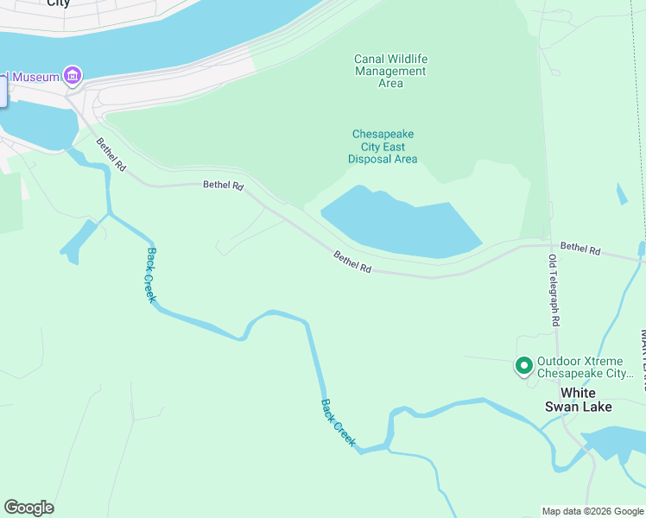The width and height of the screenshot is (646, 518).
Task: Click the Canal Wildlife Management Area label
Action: tap(390, 71)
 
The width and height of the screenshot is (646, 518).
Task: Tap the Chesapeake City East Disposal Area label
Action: tap(383, 147)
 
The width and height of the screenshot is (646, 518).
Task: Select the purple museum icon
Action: tap(72, 77)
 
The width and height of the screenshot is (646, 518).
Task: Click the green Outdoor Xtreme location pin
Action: tap(523, 366)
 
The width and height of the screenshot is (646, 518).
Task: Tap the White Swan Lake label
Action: tap(578, 400)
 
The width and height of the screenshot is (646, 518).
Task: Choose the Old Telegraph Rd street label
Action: tap(554, 290)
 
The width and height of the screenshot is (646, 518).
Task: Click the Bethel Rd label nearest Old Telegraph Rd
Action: tap(579, 249)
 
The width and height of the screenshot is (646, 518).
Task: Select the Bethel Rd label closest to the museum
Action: tap(111, 155)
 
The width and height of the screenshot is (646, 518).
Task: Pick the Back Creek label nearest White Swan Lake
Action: tap(339, 421)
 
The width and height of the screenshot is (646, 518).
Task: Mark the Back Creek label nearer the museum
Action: tap(151, 275)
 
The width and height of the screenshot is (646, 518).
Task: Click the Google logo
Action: tap(28, 508)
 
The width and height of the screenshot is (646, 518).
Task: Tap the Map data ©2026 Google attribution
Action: tap(592, 511)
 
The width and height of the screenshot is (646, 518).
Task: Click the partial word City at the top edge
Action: tap(58, 3)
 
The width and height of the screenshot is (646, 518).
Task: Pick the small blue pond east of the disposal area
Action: tap(622, 194)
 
